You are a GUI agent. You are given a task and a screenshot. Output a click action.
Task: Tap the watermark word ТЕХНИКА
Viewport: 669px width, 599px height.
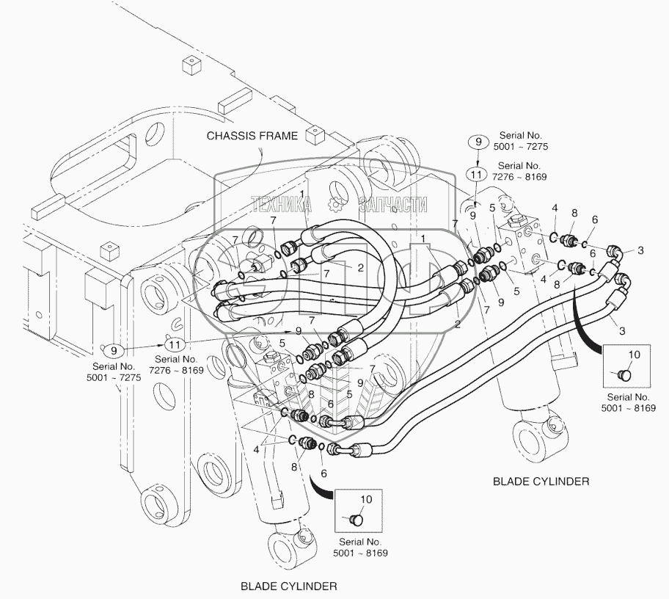pos(282,205)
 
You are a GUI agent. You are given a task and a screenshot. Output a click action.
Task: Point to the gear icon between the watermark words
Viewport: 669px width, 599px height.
pos(336,205)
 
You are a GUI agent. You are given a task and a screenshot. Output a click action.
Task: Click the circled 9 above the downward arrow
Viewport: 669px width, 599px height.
pos(477,142)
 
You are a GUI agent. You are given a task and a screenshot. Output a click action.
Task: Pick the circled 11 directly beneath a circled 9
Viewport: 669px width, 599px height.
pos(477,175)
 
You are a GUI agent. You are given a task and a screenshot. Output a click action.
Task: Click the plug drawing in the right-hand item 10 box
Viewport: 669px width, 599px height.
pos(625,374)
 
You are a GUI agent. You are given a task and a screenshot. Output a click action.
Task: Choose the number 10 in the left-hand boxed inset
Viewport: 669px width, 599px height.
pos(367,498)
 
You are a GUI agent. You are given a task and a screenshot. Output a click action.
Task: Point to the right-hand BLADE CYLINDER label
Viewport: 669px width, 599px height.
pos(541,482)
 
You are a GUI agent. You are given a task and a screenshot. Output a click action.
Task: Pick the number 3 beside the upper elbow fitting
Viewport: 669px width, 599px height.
pos(640,251)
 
